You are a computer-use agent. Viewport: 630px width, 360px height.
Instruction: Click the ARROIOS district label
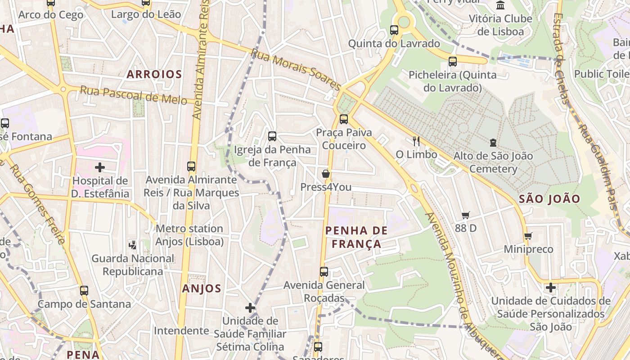(x=154, y=74)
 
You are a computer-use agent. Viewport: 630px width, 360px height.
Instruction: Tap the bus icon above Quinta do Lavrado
(x=394, y=30)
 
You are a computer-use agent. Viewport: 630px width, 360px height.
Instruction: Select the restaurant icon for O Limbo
(x=416, y=141)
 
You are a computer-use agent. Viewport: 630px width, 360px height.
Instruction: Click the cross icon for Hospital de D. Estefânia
(x=100, y=168)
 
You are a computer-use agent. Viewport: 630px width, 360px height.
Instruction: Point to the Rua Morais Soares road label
(x=296, y=69)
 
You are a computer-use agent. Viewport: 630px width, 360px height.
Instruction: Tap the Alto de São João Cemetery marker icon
(x=493, y=143)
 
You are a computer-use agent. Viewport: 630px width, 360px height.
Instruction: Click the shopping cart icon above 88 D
(x=465, y=215)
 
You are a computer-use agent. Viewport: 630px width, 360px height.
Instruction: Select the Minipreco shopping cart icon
(x=528, y=236)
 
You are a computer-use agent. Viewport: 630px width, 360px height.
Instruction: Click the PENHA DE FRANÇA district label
(x=356, y=237)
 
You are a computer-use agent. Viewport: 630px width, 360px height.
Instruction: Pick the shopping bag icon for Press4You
(x=326, y=174)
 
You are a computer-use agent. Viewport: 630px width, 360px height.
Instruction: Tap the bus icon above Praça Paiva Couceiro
(x=344, y=119)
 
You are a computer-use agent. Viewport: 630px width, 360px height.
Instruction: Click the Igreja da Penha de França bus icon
(x=272, y=136)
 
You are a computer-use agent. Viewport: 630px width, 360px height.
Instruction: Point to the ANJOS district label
(x=202, y=289)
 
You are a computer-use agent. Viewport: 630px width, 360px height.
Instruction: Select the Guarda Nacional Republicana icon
(x=132, y=245)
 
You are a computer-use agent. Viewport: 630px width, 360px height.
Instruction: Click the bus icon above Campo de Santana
(x=84, y=291)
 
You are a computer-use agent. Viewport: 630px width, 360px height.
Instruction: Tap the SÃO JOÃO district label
(x=549, y=199)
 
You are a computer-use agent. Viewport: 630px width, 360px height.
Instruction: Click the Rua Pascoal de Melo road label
(x=133, y=95)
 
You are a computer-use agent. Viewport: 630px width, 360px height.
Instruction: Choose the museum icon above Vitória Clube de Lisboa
(x=500, y=5)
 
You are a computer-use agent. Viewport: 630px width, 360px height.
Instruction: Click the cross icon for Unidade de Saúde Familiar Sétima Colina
(x=250, y=308)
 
